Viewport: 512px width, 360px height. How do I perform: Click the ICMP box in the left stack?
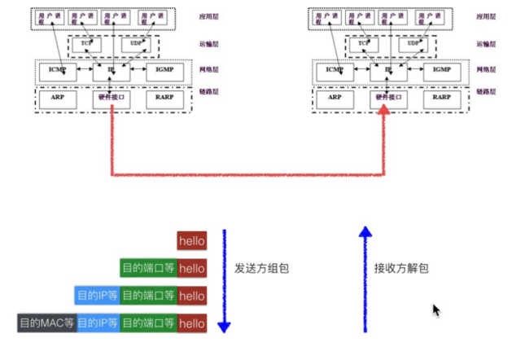[x=57, y=70]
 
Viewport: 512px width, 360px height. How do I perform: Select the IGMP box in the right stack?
[x=442, y=70]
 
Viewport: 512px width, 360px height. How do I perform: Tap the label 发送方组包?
[x=263, y=267]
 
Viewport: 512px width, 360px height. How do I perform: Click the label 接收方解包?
[x=400, y=267]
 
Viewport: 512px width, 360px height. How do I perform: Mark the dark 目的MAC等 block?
[x=46, y=323]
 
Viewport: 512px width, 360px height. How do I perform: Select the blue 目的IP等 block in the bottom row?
[x=97, y=323]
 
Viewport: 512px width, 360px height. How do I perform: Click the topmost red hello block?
[x=192, y=241]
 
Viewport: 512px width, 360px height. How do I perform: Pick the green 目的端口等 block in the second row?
[x=148, y=268]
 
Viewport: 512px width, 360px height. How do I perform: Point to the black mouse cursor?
[x=436, y=310]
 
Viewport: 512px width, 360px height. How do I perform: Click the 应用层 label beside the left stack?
[x=210, y=15]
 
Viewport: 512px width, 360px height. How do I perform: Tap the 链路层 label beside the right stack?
[x=486, y=91]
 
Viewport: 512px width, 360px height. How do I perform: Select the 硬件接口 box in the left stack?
[x=111, y=97]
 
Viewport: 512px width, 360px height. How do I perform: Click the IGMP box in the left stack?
[x=164, y=70]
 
